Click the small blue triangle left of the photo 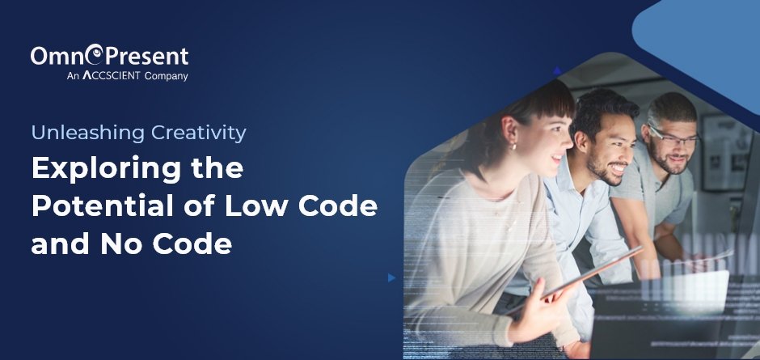[x=391, y=277]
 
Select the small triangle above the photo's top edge [x=557, y=71]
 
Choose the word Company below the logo [x=166, y=77]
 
